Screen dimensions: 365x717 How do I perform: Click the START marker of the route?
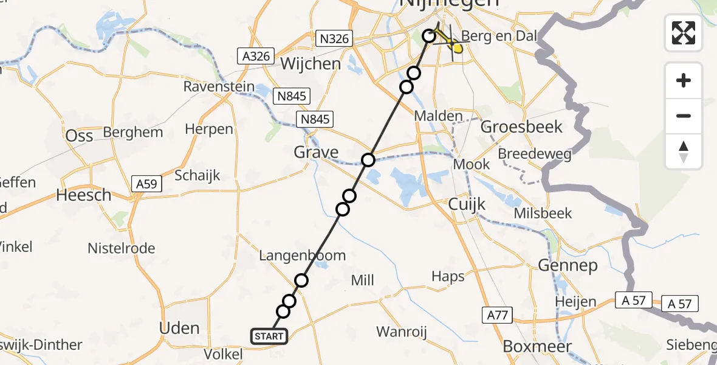click(269, 336)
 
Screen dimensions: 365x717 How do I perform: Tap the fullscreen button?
click(684, 32)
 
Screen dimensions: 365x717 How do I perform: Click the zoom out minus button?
click(684, 116)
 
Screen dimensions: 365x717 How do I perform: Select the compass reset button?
click(684, 151)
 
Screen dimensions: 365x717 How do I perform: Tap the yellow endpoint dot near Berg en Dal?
click(457, 47)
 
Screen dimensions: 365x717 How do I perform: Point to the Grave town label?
click(316, 151)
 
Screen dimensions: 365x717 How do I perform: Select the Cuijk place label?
click(467, 204)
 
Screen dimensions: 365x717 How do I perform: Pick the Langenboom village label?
click(302, 255)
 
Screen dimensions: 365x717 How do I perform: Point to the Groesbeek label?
click(521, 127)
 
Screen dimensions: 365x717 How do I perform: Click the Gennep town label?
click(568, 265)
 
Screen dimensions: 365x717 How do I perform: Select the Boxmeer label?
click(537, 346)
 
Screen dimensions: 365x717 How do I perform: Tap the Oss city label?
click(79, 135)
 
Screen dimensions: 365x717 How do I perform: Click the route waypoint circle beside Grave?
click(368, 160)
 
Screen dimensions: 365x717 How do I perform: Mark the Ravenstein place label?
click(219, 87)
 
